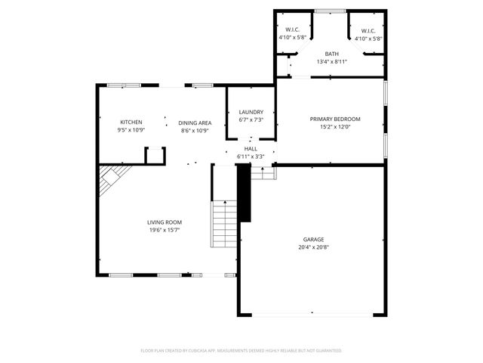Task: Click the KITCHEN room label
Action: pos(131,123)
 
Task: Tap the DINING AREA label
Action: pos(195,123)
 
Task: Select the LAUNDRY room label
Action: pos(251,112)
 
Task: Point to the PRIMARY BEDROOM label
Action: pos(335,119)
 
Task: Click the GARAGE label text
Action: pos(313,239)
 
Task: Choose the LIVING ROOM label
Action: pos(164,222)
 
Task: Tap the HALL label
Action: pos(251,148)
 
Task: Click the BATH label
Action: pos(331,54)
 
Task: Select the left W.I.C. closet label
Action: pos(293,30)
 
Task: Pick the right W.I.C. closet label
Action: pos(368,30)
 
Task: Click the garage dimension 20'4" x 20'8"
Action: pos(313,247)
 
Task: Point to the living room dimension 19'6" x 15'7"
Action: pos(164,231)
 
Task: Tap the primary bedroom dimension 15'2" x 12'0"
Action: pos(335,127)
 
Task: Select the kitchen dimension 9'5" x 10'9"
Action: pos(131,131)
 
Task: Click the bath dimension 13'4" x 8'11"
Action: pos(331,62)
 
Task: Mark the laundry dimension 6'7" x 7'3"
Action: pos(251,119)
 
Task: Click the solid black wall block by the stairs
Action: pos(244,194)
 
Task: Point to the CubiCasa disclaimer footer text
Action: pos(241,350)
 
